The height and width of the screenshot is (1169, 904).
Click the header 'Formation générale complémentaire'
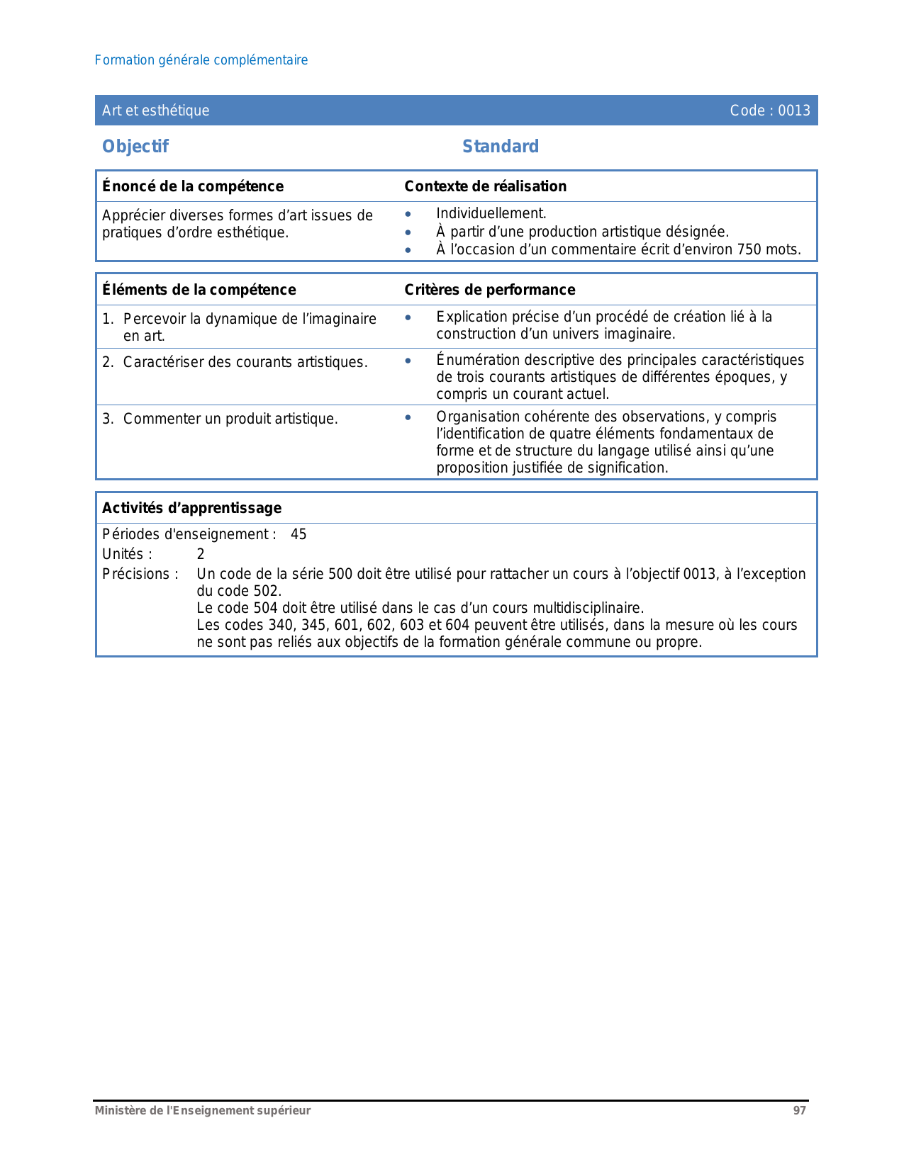(201, 60)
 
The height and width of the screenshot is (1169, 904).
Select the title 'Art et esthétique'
(156, 111)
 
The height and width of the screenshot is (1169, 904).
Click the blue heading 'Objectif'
(135, 147)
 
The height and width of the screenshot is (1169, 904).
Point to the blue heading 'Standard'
(501, 147)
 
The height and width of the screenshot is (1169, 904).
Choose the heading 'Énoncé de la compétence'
(193, 186)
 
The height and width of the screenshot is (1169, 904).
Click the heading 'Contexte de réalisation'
(486, 186)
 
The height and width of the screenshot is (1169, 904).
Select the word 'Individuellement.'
(491, 213)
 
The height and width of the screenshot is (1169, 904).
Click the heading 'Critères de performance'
(490, 290)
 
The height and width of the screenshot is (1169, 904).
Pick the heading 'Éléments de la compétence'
(199, 290)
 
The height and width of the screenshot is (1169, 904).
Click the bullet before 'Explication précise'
(408, 317)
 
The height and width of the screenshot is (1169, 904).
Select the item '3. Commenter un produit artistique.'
(221, 419)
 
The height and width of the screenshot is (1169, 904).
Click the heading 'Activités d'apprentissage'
(192, 508)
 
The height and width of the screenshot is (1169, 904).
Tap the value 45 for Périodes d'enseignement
(298, 534)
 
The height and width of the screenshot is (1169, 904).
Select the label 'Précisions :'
(140, 574)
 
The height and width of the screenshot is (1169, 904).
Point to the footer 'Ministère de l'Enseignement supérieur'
(203, 1111)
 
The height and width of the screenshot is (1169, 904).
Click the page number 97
(799, 1111)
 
